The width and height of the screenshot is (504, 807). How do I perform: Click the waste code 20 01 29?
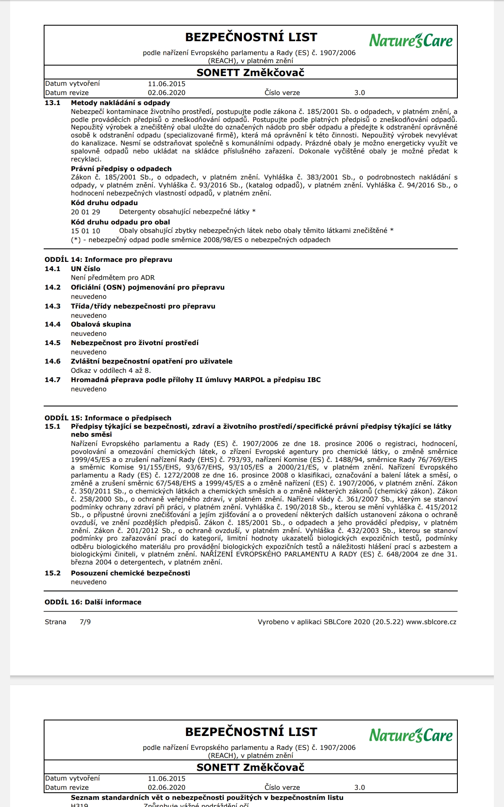[85, 212]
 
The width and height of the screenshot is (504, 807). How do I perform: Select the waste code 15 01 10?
[85, 230]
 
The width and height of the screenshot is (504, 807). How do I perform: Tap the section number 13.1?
[52, 103]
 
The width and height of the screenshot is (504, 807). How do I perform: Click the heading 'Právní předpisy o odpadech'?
[121, 169]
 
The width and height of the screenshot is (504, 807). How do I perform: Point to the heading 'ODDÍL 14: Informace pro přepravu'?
[108, 259]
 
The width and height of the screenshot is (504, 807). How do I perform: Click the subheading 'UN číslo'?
[85, 269]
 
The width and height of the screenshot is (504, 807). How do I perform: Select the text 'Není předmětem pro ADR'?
[113, 277]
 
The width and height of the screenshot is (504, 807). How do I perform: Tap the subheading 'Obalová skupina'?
[101, 324]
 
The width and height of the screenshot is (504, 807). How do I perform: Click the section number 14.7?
[52, 380]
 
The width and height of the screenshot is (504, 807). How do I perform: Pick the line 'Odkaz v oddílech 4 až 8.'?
[111, 370]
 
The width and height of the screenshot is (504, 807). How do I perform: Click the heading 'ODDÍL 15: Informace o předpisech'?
[108, 418]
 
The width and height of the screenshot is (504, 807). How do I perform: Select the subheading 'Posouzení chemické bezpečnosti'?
[130, 573]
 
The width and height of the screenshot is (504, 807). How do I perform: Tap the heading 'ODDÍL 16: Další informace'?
[93, 602]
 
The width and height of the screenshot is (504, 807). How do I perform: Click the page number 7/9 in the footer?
[85, 622]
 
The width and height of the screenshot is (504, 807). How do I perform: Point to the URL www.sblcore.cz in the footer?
[431, 622]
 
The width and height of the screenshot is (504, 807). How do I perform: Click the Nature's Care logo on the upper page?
[411, 40]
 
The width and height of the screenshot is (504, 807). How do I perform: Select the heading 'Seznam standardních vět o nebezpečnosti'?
[207, 797]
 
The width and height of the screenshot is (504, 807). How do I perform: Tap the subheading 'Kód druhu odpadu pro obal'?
[120, 222]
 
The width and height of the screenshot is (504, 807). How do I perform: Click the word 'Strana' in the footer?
[55, 622]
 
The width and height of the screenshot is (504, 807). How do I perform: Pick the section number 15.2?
[52, 573]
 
